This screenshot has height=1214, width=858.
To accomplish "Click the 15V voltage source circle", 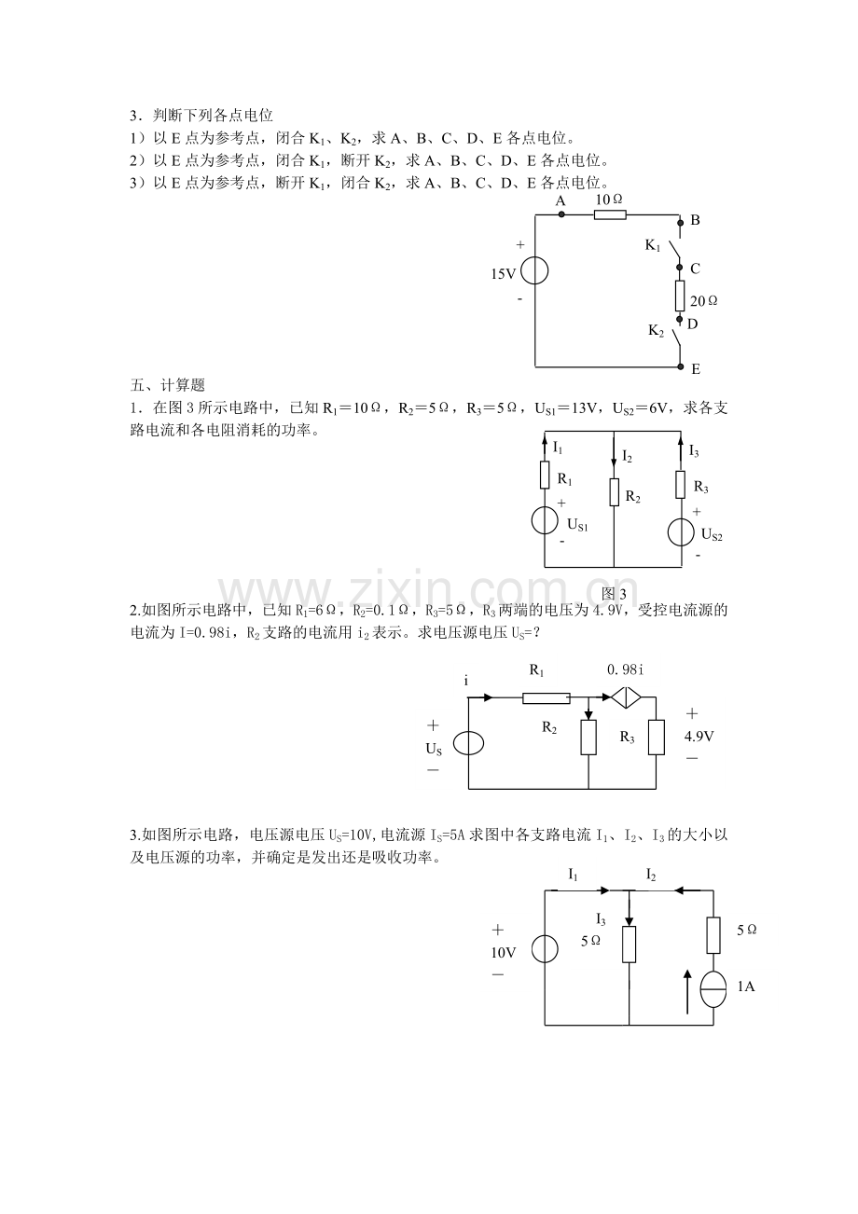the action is tap(534, 270).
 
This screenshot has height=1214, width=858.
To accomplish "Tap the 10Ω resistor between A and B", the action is tap(610, 215).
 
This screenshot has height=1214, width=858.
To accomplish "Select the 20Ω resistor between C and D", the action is tap(680, 296).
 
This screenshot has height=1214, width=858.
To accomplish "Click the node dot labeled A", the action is tap(561, 214).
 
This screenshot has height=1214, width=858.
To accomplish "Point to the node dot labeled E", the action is tap(681, 367).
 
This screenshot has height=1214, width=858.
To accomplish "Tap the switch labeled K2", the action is tap(676, 338).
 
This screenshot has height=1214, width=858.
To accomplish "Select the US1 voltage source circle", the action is tap(545, 521).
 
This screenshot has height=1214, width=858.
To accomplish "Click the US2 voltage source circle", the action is tap(681, 531).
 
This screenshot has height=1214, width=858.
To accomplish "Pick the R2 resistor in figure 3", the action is tap(614, 492).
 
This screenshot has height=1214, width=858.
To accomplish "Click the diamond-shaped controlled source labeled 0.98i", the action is tap(626, 698).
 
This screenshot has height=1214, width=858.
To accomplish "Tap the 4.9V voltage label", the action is tap(699, 736).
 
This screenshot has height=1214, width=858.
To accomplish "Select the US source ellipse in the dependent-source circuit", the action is tap(468, 743).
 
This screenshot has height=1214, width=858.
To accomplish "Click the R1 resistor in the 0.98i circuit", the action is tap(547, 698).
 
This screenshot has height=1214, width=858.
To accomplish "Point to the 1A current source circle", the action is tap(713, 988).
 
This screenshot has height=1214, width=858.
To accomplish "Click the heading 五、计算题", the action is tap(168, 385).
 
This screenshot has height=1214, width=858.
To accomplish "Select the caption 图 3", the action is tap(614, 594).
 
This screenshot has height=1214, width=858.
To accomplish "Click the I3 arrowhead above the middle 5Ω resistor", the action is tap(630, 921).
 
